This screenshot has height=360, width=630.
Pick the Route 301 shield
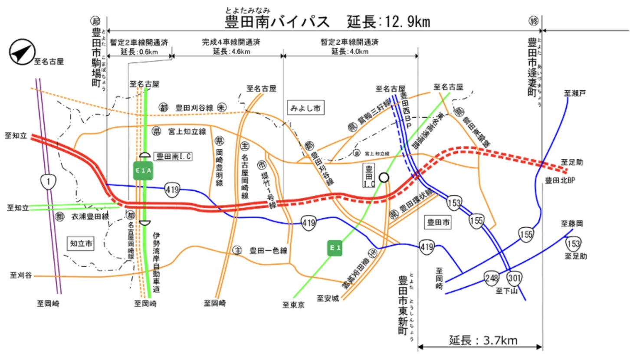point(515,278)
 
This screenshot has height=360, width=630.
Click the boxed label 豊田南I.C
point(174,156)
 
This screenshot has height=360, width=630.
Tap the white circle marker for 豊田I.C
point(384,177)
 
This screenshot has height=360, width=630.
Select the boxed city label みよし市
point(305,108)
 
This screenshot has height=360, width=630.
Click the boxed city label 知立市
point(81,244)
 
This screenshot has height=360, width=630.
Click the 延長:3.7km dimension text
point(483,340)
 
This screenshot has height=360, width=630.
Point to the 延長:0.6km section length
point(139,52)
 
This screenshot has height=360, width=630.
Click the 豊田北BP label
point(560,180)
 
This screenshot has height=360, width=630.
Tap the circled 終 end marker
point(533,20)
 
